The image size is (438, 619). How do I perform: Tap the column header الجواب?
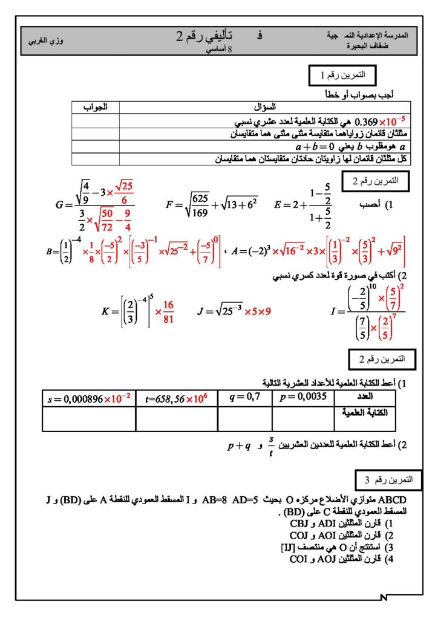click(x=96, y=107)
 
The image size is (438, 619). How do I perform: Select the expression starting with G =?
click(x=94, y=204)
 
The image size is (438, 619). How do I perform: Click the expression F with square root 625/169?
click(x=212, y=204)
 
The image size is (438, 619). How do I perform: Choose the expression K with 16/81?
click(x=138, y=312)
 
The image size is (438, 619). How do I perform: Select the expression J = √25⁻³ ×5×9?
click(x=234, y=312)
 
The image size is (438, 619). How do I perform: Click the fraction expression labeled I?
click(x=367, y=311)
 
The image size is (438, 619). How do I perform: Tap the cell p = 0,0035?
click(x=302, y=398)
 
